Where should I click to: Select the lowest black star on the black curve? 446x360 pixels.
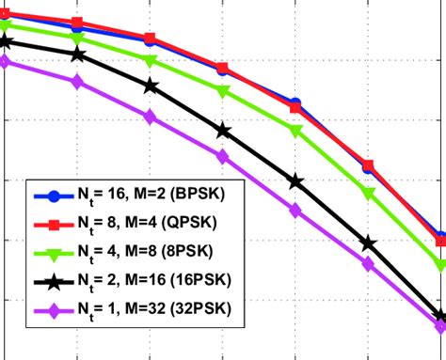438,317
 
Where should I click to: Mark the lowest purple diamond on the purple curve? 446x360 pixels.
440,326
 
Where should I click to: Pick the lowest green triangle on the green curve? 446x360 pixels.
440,265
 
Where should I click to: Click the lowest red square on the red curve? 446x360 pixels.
440,242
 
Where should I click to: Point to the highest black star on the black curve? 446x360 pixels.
5,40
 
